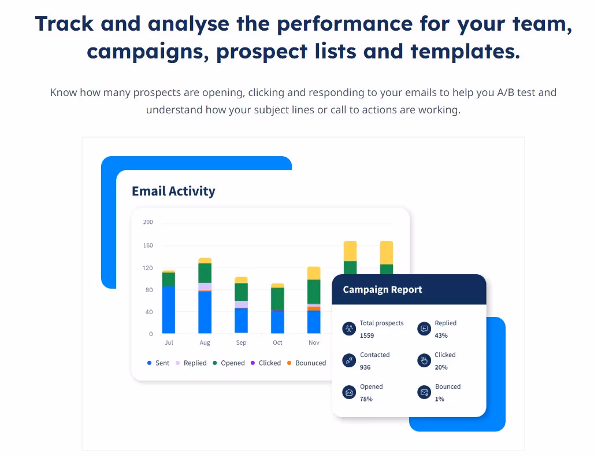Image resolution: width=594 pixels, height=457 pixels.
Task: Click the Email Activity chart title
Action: tap(173, 191)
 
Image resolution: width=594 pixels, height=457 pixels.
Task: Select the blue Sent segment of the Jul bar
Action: tap(169, 309)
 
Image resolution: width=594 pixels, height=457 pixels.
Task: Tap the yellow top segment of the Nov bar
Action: tap(314, 273)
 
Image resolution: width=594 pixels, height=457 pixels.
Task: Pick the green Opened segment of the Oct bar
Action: tap(277, 298)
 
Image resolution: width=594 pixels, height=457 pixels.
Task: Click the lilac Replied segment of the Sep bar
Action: tap(241, 304)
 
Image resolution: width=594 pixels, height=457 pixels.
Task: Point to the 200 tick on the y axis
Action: tap(148, 222)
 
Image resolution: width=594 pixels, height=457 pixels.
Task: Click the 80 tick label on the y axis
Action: tap(148, 290)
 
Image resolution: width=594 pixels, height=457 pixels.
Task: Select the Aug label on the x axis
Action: tap(205, 342)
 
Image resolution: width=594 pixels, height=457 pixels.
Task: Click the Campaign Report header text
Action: tap(383, 290)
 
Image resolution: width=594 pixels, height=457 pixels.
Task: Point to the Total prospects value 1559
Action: tap(366, 336)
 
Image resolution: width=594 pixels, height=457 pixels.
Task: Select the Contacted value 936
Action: tap(365, 367)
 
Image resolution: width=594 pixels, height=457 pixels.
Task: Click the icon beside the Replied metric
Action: tap(424, 329)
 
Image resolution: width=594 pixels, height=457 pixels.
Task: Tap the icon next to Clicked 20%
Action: tap(424, 360)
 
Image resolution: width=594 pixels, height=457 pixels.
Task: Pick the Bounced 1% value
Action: tap(440, 399)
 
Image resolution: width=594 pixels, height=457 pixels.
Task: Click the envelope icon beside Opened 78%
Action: tap(349, 392)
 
